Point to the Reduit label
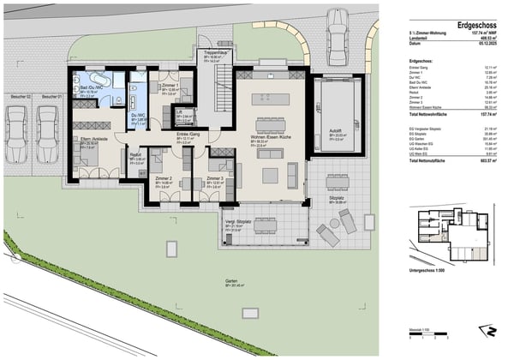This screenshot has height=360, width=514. point(137,156)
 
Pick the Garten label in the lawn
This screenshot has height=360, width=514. point(230,280)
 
